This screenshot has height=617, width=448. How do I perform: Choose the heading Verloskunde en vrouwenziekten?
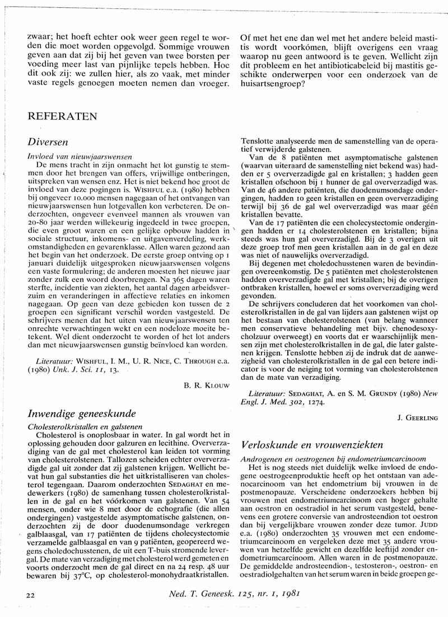pos(312,445)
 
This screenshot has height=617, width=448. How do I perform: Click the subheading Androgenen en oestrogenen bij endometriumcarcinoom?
pos(332,458)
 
